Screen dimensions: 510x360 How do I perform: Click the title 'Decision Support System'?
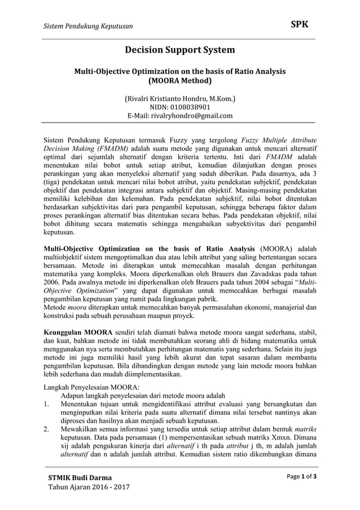point(179,50)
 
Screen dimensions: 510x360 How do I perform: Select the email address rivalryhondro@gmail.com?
point(195,116)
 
